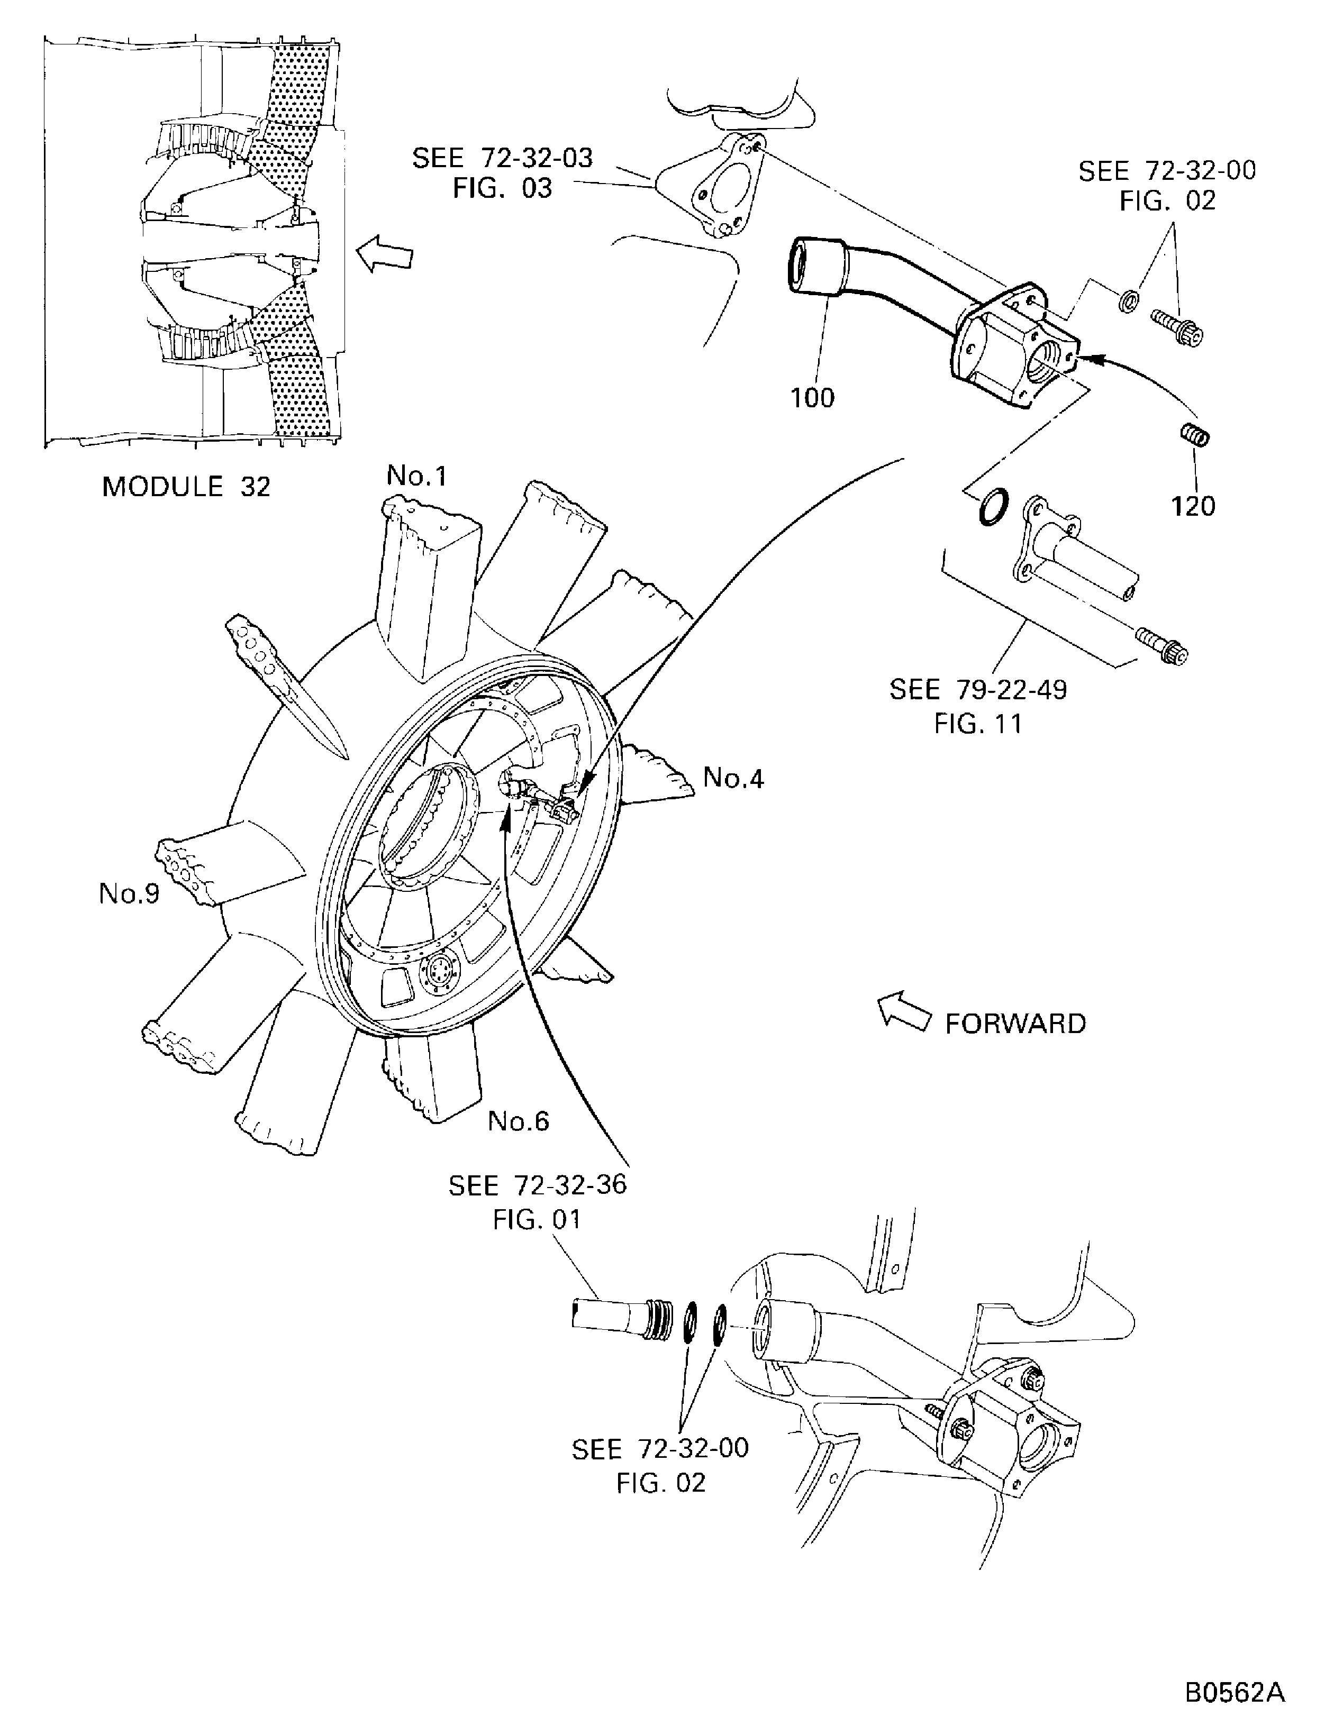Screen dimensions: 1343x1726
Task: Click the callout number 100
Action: click(x=813, y=398)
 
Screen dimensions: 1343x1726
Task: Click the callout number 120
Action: click(x=1193, y=506)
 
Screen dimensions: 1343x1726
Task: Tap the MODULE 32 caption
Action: click(x=187, y=486)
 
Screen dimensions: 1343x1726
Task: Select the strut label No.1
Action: click(x=416, y=475)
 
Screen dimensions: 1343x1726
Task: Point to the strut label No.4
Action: click(x=733, y=779)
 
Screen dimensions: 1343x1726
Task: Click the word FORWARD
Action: click(x=1016, y=1024)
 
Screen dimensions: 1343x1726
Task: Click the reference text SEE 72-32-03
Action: click(x=503, y=158)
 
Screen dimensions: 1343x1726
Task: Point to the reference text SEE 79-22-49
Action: click(x=978, y=689)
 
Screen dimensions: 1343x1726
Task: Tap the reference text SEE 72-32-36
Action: click(x=538, y=1185)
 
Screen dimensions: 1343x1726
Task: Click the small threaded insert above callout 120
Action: click(x=1196, y=435)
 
